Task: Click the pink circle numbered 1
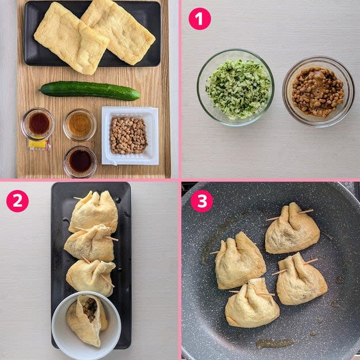[x=199, y=18]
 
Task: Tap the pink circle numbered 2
[x=17, y=201]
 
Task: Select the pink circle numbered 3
[x=202, y=201]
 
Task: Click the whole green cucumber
[x=90, y=90]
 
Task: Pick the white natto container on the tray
[x=130, y=135]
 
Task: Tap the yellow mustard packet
[x=39, y=144]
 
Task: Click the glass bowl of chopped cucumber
[x=236, y=88]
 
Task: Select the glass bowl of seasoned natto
[x=319, y=92]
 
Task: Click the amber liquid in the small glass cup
[x=79, y=125]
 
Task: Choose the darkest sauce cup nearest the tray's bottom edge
[x=80, y=162]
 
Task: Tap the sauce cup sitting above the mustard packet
[x=38, y=124]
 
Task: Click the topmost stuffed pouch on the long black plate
[x=94, y=212]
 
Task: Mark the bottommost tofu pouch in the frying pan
[x=252, y=304]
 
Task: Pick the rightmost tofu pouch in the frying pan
[x=301, y=280]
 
